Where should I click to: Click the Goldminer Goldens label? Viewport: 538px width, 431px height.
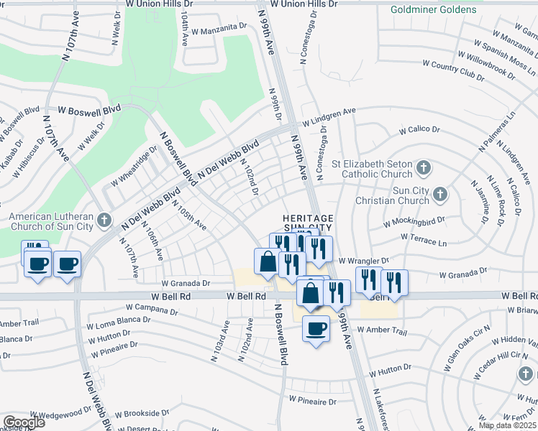coord(433,9)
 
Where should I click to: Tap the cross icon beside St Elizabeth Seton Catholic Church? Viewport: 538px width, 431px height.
coord(424,169)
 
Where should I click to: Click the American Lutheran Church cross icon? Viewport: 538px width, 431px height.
coord(105,220)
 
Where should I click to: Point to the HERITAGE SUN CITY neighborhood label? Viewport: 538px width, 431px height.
coord(307,223)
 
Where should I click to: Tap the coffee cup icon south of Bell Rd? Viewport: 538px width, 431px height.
coord(316,329)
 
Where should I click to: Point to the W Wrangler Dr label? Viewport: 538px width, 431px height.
coord(363,261)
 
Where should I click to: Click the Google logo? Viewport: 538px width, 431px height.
coord(24,422)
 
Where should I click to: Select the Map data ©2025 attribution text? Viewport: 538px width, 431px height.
coord(508,425)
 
